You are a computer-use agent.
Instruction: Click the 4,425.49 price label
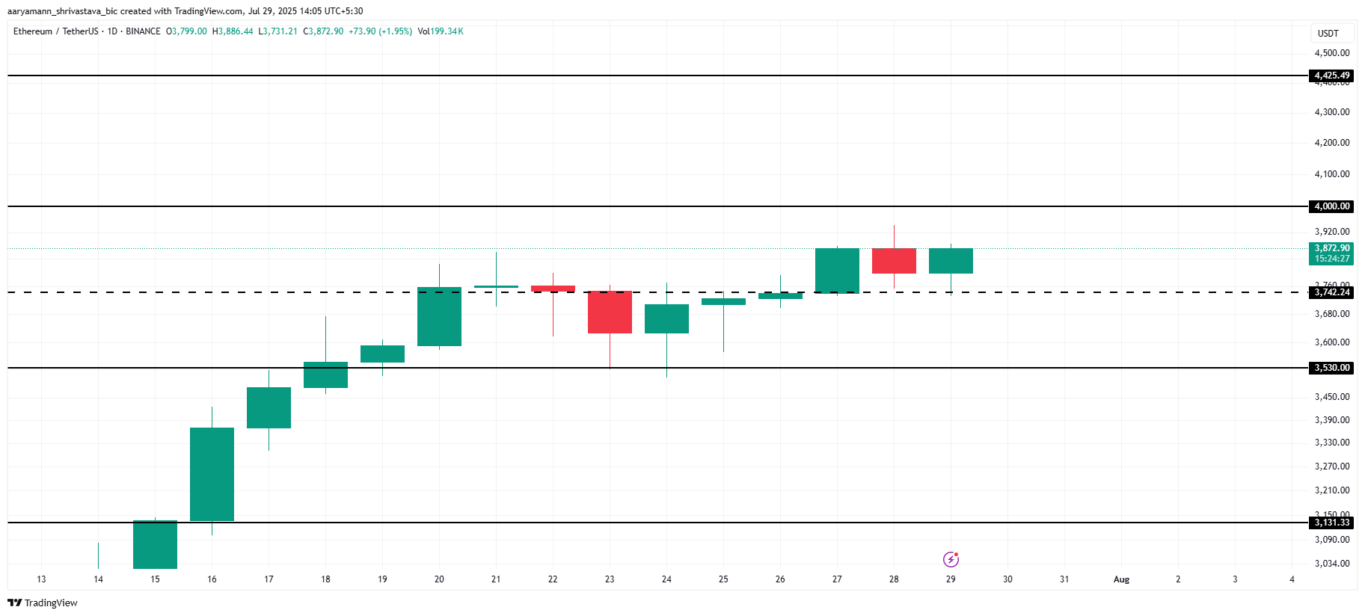click(x=1332, y=76)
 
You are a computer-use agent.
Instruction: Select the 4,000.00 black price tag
click(x=1332, y=206)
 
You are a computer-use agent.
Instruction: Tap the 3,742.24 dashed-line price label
click(x=1332, y=292)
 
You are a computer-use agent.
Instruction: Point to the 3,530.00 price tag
click(x=1332, y=368)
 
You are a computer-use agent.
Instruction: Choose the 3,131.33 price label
click(x=1332, y=523)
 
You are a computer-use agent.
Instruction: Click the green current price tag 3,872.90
click(x=1332, y=253)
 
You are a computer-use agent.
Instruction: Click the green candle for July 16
click(x=212, y=474)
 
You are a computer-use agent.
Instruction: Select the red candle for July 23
click(x=610, y=312)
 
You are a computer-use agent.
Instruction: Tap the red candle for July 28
click(x=894, y=261)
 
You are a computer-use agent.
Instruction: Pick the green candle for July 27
click(x=837, y=271)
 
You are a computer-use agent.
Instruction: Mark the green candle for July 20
click(x=439, y=316)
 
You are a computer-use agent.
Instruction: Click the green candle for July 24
click(x=666, y=318)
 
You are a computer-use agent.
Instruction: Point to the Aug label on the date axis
click(x=1121, y=579)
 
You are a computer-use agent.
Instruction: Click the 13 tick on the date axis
click(x=41, y=579)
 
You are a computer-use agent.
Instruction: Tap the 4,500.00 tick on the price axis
click(x=1332, y=53)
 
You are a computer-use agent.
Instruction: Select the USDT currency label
click(x=1328, y=34)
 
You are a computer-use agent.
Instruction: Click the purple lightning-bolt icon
click(x=951, y=559)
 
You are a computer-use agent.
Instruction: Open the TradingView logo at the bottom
click(x=43, y=603)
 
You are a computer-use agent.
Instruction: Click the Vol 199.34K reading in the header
click(x=441, y=31)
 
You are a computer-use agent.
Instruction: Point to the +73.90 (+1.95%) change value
click(x=380, y=31)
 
